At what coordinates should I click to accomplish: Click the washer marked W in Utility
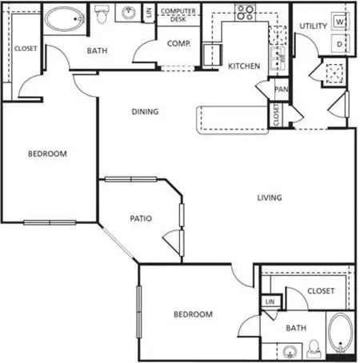[x=340, y=22]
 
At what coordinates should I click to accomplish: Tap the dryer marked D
[x=340, y=43]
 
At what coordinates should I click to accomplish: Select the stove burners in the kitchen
[x=246, y=13]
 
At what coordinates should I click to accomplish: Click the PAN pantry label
[x=282, y=89]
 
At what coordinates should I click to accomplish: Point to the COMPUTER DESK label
[x=178, y=15]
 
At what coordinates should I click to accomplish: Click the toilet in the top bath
[x=102, y=14]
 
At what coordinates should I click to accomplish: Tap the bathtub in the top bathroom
[x=65, y=19]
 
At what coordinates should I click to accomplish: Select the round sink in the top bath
[x=129, y=13]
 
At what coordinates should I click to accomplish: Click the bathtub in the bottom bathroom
[x=340, y=333]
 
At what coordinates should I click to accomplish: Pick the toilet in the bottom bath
[x=314, y=349]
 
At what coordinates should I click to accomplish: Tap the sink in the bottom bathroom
[x=290, y=351]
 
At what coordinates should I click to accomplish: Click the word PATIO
[x=141, y=218]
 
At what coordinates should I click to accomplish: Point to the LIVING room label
[x=270, y=197]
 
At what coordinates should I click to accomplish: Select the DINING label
[x=145, y=111]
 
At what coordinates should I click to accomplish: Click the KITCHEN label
[x=244, y=66]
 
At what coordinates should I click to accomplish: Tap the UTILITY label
[x=313, y=26]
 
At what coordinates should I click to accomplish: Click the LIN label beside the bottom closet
[x=270, y=301]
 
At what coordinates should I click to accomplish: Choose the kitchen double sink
[x=278, y=61]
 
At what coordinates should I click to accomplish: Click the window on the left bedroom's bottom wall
[x=50, y=222]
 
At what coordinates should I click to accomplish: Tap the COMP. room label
[x=179, y=43]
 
